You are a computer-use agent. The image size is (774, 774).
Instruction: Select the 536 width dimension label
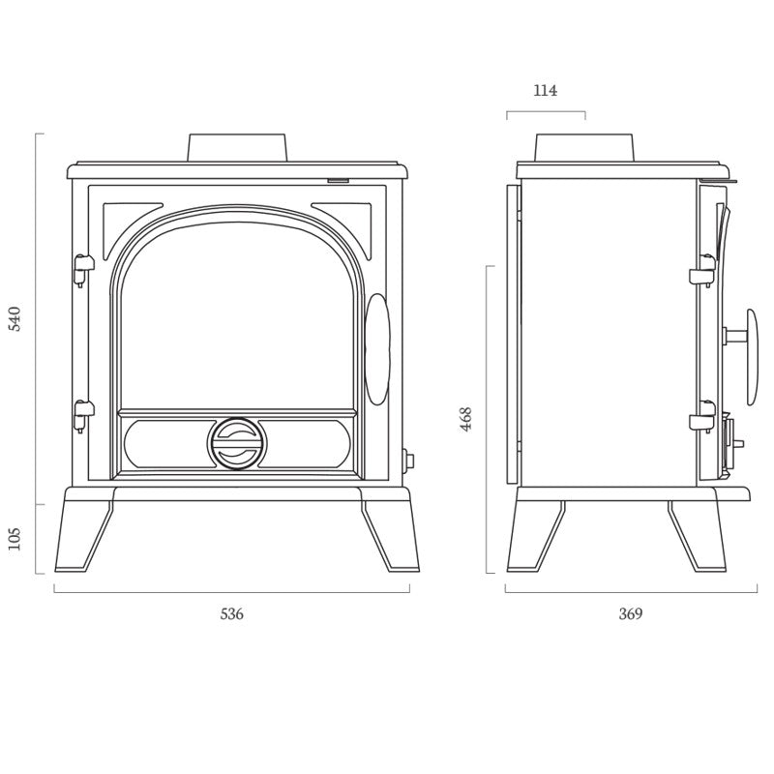(231, 613)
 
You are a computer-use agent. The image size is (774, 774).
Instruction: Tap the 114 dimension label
(546, 91)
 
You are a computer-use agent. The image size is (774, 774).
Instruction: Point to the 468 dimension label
(466, 418)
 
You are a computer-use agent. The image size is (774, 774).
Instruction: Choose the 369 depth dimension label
(630, 613)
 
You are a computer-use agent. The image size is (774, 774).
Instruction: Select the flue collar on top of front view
(238, 147)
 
